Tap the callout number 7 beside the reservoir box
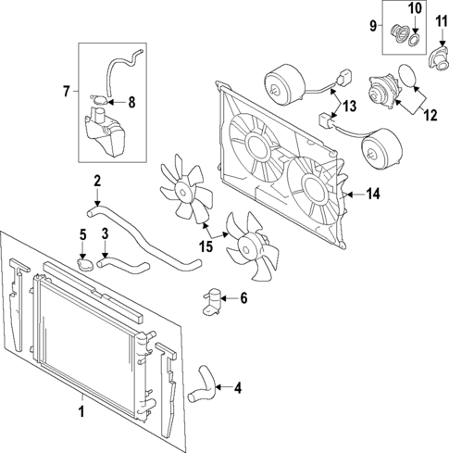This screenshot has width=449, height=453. [x=66, y=90]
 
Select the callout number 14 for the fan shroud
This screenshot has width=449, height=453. [x=373, y=195]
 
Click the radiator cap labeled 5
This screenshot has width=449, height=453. [x=85, y=265]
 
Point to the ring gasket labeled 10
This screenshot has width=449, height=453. [x=416, y=40]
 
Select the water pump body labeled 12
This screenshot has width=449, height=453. [x=382, y=94]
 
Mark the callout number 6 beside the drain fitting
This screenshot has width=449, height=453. [x=243, y=298]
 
